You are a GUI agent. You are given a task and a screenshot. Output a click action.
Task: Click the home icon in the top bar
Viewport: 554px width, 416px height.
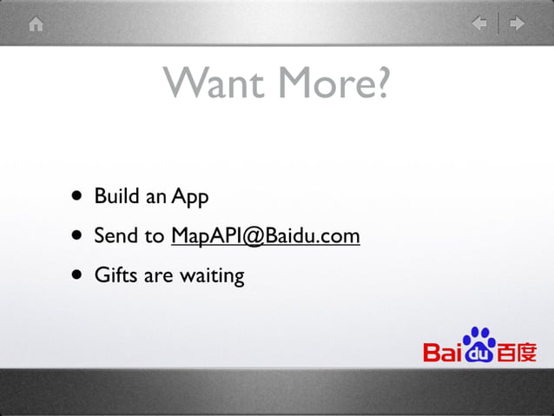[x=36, y=24]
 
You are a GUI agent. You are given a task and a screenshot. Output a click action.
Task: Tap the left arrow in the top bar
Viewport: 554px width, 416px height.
[x=479, y=24]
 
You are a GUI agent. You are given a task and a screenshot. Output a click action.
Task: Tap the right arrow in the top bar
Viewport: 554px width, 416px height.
[x=518, y=24]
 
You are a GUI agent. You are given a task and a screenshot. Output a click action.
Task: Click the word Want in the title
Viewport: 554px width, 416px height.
[x=216, y=83]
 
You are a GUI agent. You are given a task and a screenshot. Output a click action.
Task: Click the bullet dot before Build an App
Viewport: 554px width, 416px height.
[x=79, y=195]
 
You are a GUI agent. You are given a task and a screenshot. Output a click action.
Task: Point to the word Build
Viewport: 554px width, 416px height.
[x=117, y=196]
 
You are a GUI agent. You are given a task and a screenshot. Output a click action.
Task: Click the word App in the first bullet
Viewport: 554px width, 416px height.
[x=190, y=198]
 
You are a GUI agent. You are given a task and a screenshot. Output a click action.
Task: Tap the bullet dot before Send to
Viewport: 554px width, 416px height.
[x=79, y=235]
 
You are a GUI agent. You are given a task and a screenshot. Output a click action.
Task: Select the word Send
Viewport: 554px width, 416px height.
[x=115, y=235]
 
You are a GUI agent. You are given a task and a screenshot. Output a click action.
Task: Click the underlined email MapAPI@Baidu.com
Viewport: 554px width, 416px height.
[x=265, y=235]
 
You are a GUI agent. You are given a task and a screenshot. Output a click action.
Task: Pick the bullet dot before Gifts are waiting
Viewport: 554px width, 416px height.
[x=79, y=275]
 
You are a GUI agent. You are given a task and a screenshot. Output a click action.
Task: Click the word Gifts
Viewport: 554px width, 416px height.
[x=115, y=275]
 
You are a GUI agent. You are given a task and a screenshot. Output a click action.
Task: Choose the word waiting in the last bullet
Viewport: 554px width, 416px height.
[x=212, y=277]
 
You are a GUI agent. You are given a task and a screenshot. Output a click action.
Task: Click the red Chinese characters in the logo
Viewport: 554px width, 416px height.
[x=517, y=353]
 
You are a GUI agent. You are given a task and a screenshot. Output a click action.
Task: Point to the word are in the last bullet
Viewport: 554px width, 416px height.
[x=158, y=276]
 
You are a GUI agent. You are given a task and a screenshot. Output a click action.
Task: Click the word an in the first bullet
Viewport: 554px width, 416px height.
[x=156, y=197]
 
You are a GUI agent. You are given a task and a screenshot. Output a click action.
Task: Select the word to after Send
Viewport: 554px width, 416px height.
[x=155, y=236]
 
